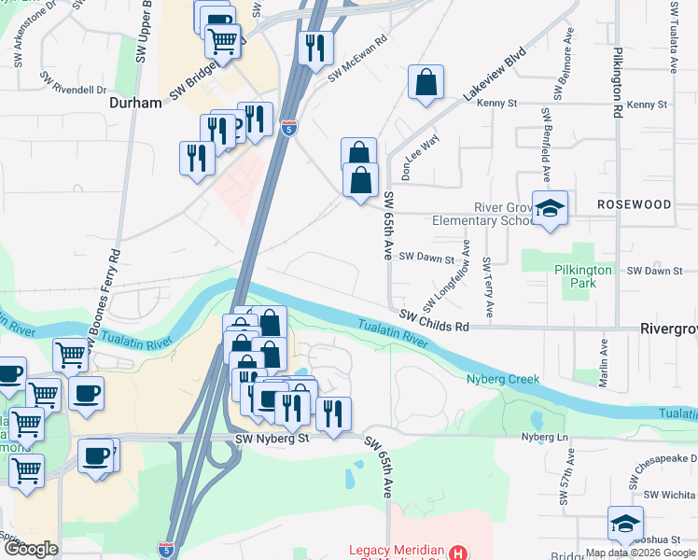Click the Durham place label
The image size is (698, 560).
(136, 102)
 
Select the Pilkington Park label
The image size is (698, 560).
(582, 276)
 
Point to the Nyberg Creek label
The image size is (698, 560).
(504, 379)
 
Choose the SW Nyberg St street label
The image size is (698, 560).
(272, 439)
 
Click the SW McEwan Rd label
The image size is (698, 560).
(356, 60)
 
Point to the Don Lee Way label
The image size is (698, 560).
(419, 157)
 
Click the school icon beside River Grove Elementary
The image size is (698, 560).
(550, 209)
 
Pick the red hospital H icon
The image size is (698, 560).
(457, 553)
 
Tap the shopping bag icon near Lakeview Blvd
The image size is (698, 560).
(426, 82)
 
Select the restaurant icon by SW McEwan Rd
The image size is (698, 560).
(315, 47)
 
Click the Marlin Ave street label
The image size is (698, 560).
(604, 353)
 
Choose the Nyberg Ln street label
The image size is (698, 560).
(544, 436)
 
